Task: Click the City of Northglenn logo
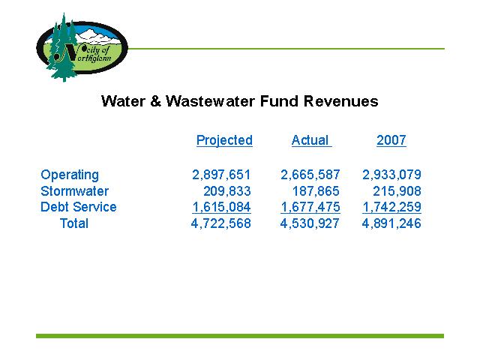pyautogui.click(x=82, y=48)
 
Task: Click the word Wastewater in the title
pyautogui.click(x=210, y=101)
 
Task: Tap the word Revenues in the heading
pyautogui.click(x=340, y=101)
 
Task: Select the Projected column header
pyautogui.click(x=224, y=140)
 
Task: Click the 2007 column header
pyautogui.click(x=391, y=140)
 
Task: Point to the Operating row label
pyautogui.click(x=70, y=175)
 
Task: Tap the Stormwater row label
pyautogui.click(x=75, y=191)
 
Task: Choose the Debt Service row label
pyautogui.click(x=79, y=207)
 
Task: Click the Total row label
pyautogui.click(x=74, y=223)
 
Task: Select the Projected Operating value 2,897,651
pyautogui.click(x=221, y=175)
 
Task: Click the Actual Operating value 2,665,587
pyautogui.click(x=310, y=175)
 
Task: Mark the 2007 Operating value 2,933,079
pyautogui.click(x=391, y=175)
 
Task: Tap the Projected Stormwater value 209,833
pyautogui.click(x=227, y=191)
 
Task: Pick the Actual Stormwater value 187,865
pyautogui.click(x=316, y=191)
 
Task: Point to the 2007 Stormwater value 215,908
pyautogui.click(x=397, y=191)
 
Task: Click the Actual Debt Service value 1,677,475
pyautogui.click(x=310, y=207)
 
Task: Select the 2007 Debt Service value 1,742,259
pyautogui.click(x=391, y=207)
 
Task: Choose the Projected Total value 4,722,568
pyautogui.click(x=221, y=223)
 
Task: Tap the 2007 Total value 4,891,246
pyautogui.click(x=391, y=223)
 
